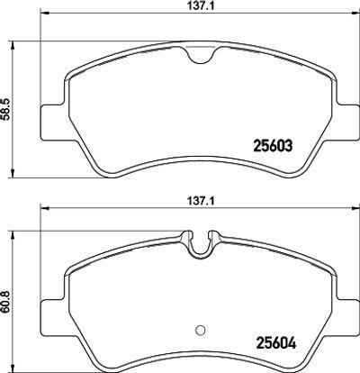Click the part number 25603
pos(273,146)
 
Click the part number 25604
pos(275,343)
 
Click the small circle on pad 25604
pos(200,330)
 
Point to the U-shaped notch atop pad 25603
pos(201,55)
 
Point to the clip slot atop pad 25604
pos(201,244)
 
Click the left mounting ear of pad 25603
pos(53,123)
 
